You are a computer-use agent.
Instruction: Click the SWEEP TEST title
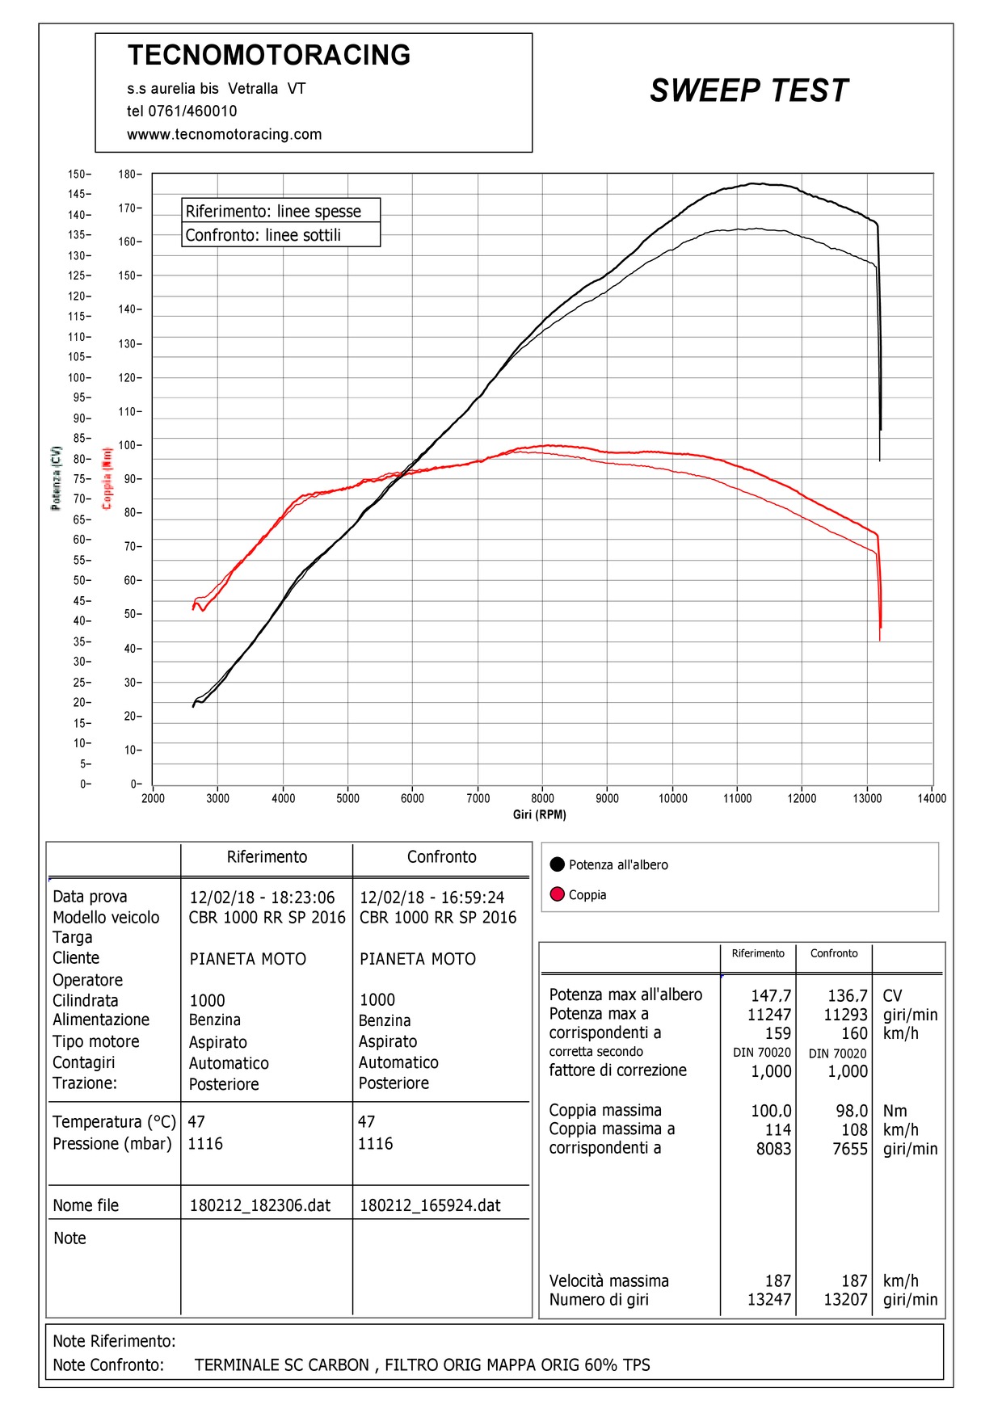pos(748,90)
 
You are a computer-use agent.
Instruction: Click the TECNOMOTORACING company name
pos(269,55)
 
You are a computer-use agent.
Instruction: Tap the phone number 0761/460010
pos(192,111)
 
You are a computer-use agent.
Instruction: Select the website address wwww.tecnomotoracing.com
pos(224,134)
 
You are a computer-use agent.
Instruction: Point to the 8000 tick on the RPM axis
pos(542,798)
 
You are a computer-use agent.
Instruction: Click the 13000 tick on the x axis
pos(867,798)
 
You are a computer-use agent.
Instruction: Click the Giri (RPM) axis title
pos(539,814)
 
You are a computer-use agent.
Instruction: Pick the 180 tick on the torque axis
pos(128,174)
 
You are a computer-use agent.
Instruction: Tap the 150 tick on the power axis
pos(77,174)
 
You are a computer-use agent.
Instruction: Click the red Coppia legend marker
pos(557,894)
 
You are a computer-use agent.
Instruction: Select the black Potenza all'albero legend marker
pos(557,864)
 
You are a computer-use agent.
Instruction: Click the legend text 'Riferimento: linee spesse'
pos(273,211)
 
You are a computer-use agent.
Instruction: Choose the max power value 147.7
pos(771,995)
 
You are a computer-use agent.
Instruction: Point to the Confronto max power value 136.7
pos(847,995)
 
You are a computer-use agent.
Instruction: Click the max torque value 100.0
pos(771,1111)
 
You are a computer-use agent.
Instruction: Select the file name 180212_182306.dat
pos(260,1205)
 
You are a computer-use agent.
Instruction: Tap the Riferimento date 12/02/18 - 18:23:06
pos(262,898)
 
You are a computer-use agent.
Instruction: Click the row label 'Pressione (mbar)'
pos(112,1143)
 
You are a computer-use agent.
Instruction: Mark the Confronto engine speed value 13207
pos(845,1299)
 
